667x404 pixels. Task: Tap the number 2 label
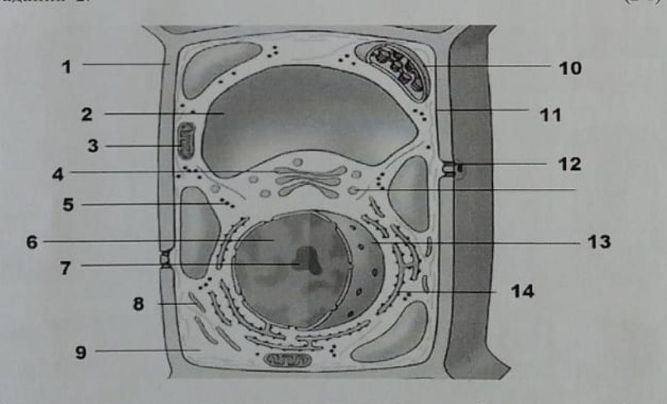[x=86, y=114]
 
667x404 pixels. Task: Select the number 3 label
[x=93, y=147]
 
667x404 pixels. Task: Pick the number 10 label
[x=570, y=67]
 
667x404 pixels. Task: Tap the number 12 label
[x=568, y=164]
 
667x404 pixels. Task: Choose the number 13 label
[x=598, y=242]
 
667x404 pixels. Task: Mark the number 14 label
[x=521, y=291]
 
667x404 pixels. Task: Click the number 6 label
[x=31, y=242]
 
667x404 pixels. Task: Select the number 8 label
[x=139, y=304]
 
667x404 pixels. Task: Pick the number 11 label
[x=550, y=115]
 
